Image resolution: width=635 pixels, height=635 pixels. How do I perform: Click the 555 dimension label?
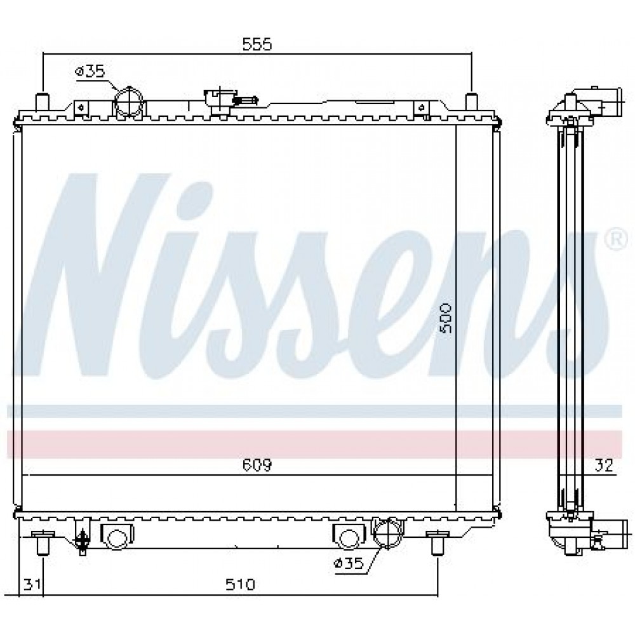pyautogui.click(x=257, y=44)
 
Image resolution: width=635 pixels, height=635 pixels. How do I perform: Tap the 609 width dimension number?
pyautogui.click(x=257, y=465)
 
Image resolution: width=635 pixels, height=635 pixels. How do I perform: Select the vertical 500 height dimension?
pyautogui.click(x=446, y=318)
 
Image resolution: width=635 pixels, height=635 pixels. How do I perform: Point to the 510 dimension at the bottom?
pyautogui.click(x=241, y=584)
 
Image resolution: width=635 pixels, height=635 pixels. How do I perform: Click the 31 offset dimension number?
pyautogui.click(x=32, y=584)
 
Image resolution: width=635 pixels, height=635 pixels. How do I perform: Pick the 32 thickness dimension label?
pyautogui.click(x=604, y=465)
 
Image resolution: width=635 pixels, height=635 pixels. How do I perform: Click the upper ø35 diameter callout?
pyautogui.click(x=90, y=72)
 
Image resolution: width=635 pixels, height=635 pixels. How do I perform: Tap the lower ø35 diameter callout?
pyautogui.click(x=349, y=563)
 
